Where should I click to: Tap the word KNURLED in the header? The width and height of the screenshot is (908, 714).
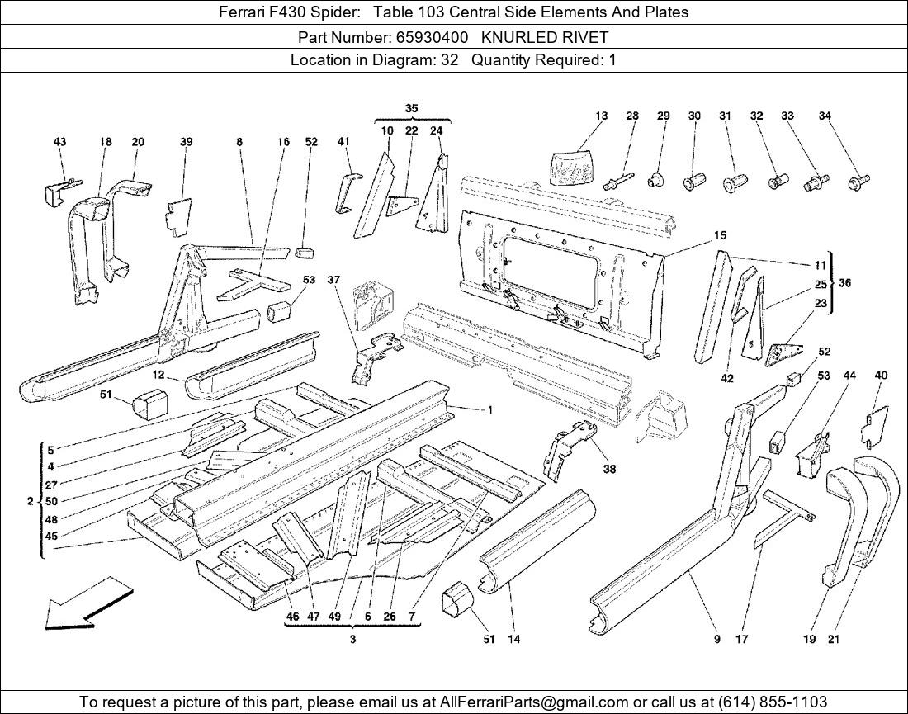(517, 37)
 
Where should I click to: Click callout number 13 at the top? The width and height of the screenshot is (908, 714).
(601, 116)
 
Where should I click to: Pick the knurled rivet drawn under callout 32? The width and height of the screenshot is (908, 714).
(778, 179)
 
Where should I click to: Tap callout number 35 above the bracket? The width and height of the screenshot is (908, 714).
(411, 108)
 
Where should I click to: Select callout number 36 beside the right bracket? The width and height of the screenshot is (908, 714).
(844, 283)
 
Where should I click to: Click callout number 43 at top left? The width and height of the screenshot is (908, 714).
(59, 142)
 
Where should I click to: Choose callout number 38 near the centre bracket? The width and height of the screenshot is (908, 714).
(609, 470)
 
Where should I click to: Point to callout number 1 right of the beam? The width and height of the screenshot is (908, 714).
(489, 410)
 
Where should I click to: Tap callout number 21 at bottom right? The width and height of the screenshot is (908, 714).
(833, 638)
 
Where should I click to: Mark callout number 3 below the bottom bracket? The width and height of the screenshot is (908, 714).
(352, 640)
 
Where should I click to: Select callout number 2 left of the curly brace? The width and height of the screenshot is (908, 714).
(30, 501)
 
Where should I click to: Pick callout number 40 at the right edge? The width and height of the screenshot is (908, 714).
(881, 376)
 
